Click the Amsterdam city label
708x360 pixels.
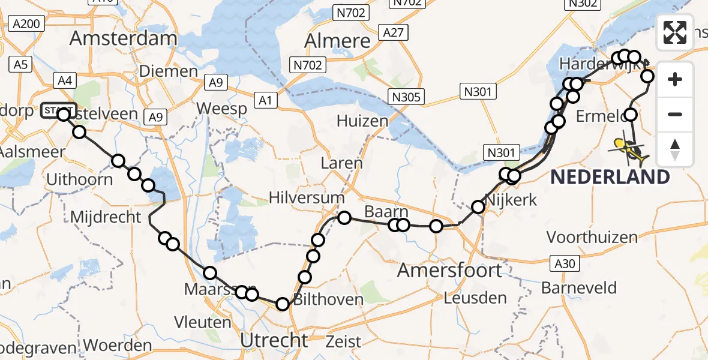[x=123, y=38]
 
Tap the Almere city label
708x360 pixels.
[x=338, y=41]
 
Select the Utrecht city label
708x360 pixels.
[x=274, y=341]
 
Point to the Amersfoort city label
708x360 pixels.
[x=449, y=270]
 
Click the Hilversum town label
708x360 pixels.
[x=307, y=197]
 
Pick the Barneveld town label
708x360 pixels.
[x=578, y=287]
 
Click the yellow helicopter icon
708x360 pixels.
[x=629, y=150]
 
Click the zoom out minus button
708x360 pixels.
[x=675, y=114]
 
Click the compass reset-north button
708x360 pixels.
[x=675, y=149]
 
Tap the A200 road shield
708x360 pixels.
[x=26, y=24]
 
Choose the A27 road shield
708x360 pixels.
[x=394, y=32]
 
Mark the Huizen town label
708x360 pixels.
[x=362, y=121]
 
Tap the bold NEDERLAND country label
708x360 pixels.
[x=609, y=177]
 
